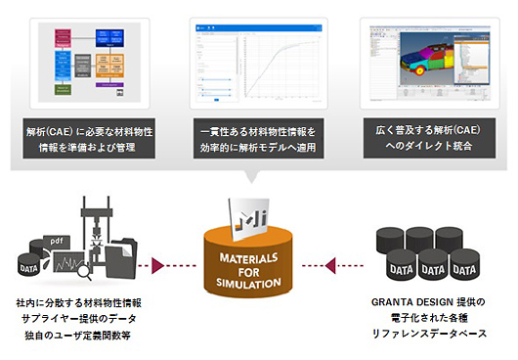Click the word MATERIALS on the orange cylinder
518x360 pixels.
click(259, 257)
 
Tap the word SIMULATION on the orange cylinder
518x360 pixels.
click(259, 283)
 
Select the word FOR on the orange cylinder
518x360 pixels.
click(259, 270)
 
